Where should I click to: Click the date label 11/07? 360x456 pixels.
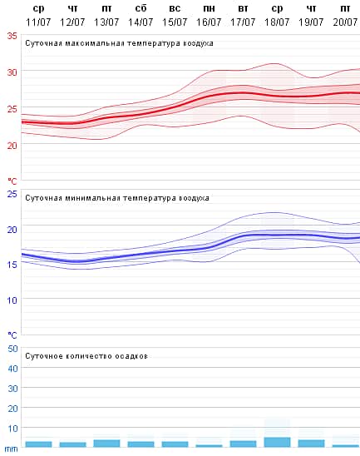38,21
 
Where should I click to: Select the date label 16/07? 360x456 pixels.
209,21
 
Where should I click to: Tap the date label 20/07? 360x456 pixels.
345,21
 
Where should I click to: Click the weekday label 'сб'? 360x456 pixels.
141,8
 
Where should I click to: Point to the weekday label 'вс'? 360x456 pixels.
175,8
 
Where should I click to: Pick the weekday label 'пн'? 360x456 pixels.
209,8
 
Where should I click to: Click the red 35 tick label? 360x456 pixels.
12,36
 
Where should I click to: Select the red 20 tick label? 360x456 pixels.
12,145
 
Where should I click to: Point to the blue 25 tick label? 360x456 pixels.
12,194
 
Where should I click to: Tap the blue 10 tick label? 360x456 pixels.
12,300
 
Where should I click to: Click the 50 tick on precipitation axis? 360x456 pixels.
12,349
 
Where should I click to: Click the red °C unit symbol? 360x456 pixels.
12,181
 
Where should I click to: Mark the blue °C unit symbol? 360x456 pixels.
12,335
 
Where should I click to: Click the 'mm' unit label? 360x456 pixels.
11,449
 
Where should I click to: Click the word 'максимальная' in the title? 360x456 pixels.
96,42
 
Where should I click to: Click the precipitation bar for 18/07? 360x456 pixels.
277,442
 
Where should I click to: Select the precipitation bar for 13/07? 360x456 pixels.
106,443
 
